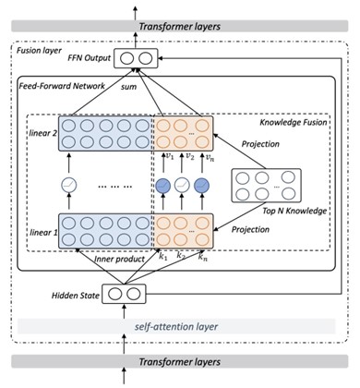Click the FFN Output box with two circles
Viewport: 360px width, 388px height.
coord(136,58)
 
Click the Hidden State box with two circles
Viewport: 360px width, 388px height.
coord(124,294)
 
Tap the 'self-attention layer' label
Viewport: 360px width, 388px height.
coord(176,326)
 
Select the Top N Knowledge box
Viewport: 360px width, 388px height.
coord(266,186)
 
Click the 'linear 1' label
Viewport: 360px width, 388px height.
coord(43,233)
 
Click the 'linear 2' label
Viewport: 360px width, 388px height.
coord(43,133)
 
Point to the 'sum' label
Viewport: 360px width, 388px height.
coord(128,87)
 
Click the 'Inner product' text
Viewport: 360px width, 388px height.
coord(119,260)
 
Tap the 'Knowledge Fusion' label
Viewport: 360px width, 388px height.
coord(294,122)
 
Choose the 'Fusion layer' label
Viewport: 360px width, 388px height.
coord(39,51)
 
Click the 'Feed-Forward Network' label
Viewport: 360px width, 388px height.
coord(62,86)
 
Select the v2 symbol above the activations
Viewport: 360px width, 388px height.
coord(189,156)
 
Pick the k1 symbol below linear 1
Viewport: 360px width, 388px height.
coord(162,256)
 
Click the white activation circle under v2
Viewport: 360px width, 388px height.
coord(182,186)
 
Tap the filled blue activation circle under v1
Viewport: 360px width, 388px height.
coord(163,186)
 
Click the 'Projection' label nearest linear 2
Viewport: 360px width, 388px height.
coord(260,144)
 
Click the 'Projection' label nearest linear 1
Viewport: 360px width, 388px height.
coord(250,229)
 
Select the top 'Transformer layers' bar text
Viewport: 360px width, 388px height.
coord(180,27)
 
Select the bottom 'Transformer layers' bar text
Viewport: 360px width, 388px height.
coord(180,361)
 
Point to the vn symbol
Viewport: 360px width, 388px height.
coord(210,157)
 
